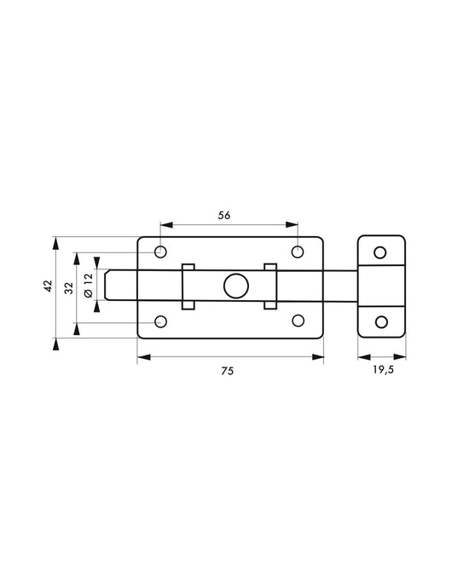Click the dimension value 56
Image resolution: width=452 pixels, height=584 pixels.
(x=224, y=216)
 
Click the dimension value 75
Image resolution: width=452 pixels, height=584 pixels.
(x=227, y=371)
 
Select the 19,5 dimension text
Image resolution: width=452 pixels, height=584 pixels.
(x=384, y=370)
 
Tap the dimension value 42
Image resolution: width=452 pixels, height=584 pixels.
(x=49, y=286)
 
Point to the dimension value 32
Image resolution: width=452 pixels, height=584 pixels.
(x=69, y=288)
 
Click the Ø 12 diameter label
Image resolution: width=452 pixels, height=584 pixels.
(x=89, y=286)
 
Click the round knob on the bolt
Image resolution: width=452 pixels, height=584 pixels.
(x=236, y=286)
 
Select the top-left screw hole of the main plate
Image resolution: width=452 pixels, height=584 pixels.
(x=160, y=252)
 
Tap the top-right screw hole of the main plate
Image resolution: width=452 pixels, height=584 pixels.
(x=298, y=252)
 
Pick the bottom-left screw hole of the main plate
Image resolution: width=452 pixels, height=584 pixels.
(x=160, y=321)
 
